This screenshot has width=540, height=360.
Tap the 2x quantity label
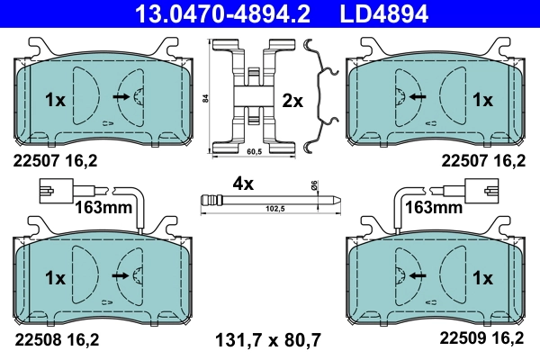pos(292,101)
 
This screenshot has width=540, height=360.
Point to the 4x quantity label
pos(243,184)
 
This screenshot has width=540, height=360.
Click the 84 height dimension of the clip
pos(205,97)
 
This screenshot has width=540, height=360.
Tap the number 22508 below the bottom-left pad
pos(36,339)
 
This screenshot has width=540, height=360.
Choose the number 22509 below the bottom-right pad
pos(461,339)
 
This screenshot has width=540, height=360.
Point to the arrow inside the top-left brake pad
pos(120,94)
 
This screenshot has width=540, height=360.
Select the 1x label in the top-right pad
pos(483,101)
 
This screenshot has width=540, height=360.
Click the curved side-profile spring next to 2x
pos(322,94)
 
